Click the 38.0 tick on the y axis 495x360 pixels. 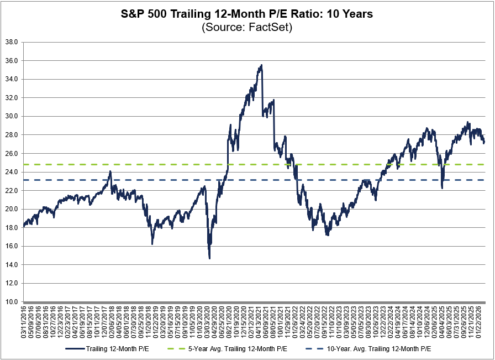(x=11, y=42)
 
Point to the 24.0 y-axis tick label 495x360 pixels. (x=11, y=172)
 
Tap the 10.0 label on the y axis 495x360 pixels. (x=11, y=302)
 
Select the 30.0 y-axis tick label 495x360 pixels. (x=11, y=116)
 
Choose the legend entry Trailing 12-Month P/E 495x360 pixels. (x=114, y=349)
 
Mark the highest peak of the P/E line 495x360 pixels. (x=261, y=65)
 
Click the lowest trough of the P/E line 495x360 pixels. (x=209, y=258)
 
